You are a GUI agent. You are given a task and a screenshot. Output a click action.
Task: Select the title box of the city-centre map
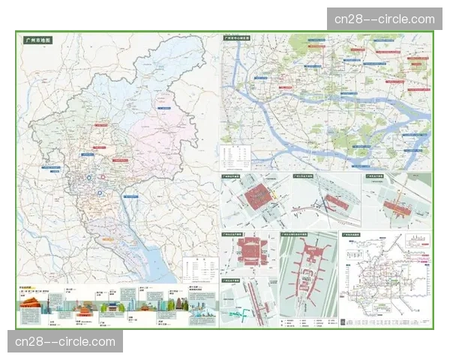(241, 37)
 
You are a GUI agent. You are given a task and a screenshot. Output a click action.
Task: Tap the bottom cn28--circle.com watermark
(66, 342)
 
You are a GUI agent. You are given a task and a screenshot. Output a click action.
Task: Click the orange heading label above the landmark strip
(29, 288)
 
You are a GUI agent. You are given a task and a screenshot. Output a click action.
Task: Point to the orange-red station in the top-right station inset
(397, 208)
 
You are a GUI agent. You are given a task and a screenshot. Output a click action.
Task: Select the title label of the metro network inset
(352, 235)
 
